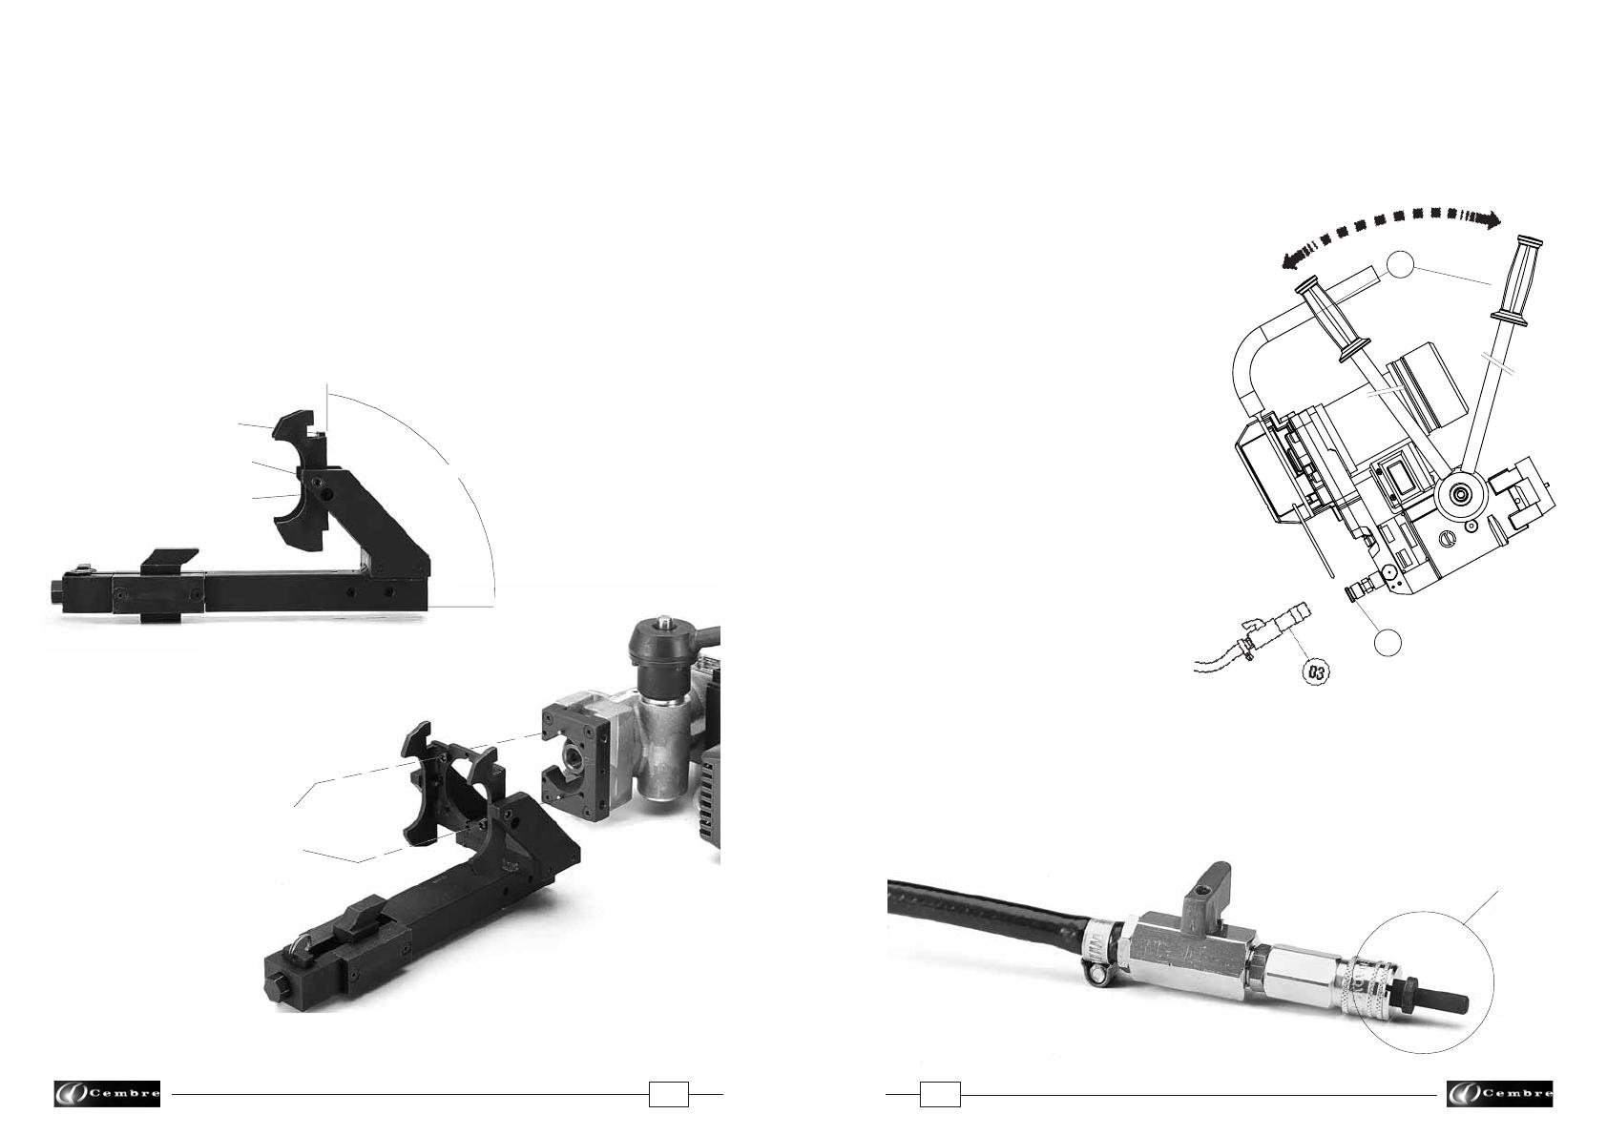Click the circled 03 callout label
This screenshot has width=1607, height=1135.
pos(1316,672)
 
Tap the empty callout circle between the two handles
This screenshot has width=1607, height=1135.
pos(1400,265)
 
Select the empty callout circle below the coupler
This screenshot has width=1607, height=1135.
pos(1388,642)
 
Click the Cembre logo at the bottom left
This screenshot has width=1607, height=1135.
pos(107,1093)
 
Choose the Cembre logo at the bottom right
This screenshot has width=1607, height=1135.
pos(1499,1093)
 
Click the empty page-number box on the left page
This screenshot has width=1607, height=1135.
pos(669,1094)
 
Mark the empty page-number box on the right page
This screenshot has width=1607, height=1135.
pos(940,1094)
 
